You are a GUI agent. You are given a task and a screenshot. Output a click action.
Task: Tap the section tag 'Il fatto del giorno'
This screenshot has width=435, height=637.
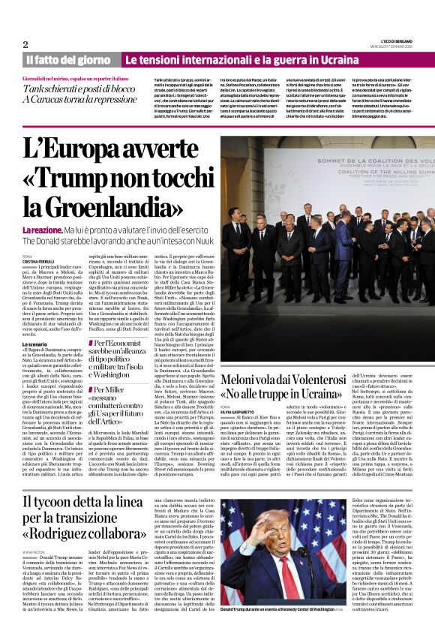[x=68, y=60]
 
